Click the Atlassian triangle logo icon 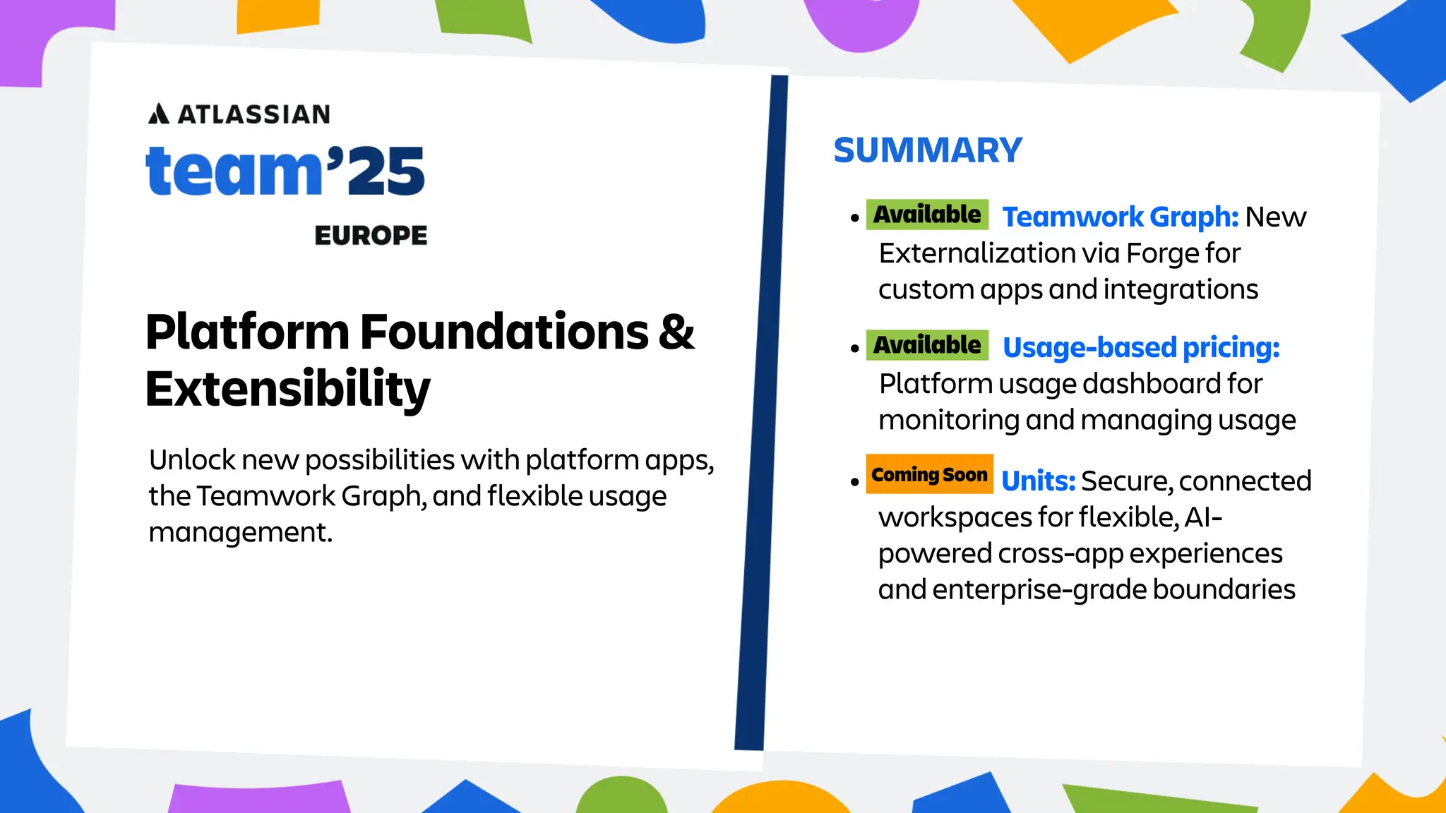click(x=159, y=114)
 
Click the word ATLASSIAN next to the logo click(x=254, y=114)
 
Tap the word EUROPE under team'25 click(x=371, y=236)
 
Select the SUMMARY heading click(x=927, y=150)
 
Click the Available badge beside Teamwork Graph click(x=927, y=215)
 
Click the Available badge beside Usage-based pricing click(x=927, y=345)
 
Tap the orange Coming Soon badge click(x=929, y=474)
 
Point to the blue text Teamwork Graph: click(x=1121, y=217)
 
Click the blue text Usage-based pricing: click(x=1141, y=347)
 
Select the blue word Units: click(x=1038, y=481)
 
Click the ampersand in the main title click(x=676, y=332)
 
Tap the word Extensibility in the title click(x=287, y=389)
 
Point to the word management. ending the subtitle click(x=240, y=533)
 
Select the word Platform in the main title click(x=247, y=332)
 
